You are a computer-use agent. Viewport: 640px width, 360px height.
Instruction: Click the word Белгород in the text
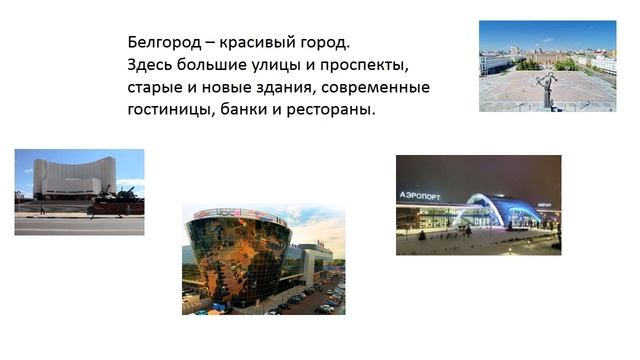(163, 44)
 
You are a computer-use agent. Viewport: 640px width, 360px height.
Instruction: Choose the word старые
(156, 88)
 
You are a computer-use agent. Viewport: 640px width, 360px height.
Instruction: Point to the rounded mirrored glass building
(236, 255)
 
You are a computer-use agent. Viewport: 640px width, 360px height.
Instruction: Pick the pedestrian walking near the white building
(42, 209)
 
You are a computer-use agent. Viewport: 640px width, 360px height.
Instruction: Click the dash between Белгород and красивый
(207, 44)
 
